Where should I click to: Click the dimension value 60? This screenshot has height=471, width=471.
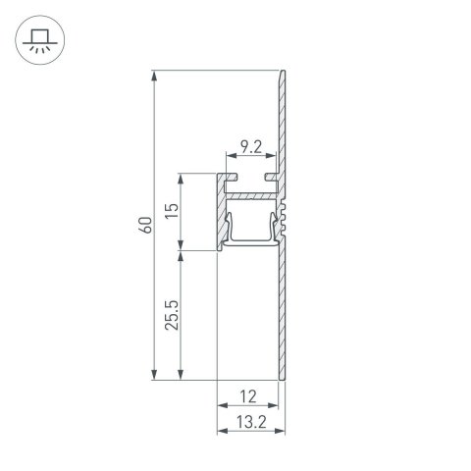(146, 225)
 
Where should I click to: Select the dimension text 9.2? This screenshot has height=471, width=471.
(250, 148)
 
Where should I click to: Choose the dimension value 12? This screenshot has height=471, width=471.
(248, 396)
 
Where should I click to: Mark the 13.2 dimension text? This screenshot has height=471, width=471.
(248, 423)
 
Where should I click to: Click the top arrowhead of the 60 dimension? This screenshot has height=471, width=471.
(156, 75)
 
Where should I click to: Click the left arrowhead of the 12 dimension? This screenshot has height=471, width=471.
(218, 405)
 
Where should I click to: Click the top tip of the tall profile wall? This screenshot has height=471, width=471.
(284, 72)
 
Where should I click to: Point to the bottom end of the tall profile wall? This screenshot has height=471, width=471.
(283, 379)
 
